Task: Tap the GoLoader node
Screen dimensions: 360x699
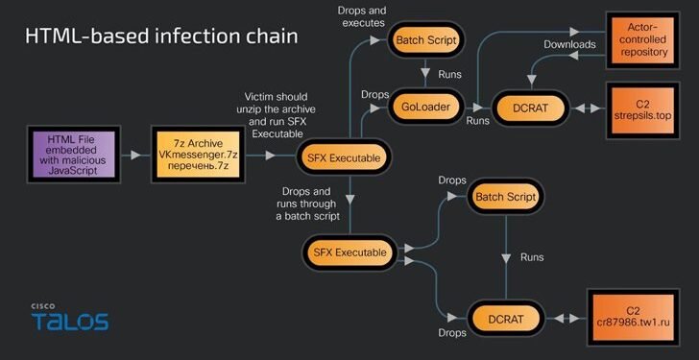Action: (422, 106)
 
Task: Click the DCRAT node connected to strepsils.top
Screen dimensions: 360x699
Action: (530, 106)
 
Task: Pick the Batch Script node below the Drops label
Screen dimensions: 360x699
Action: (506, 197)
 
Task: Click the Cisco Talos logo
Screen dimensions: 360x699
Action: (68, 317)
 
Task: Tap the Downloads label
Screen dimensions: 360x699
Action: (570, 44)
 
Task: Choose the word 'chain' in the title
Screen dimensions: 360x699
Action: (270, 36)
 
